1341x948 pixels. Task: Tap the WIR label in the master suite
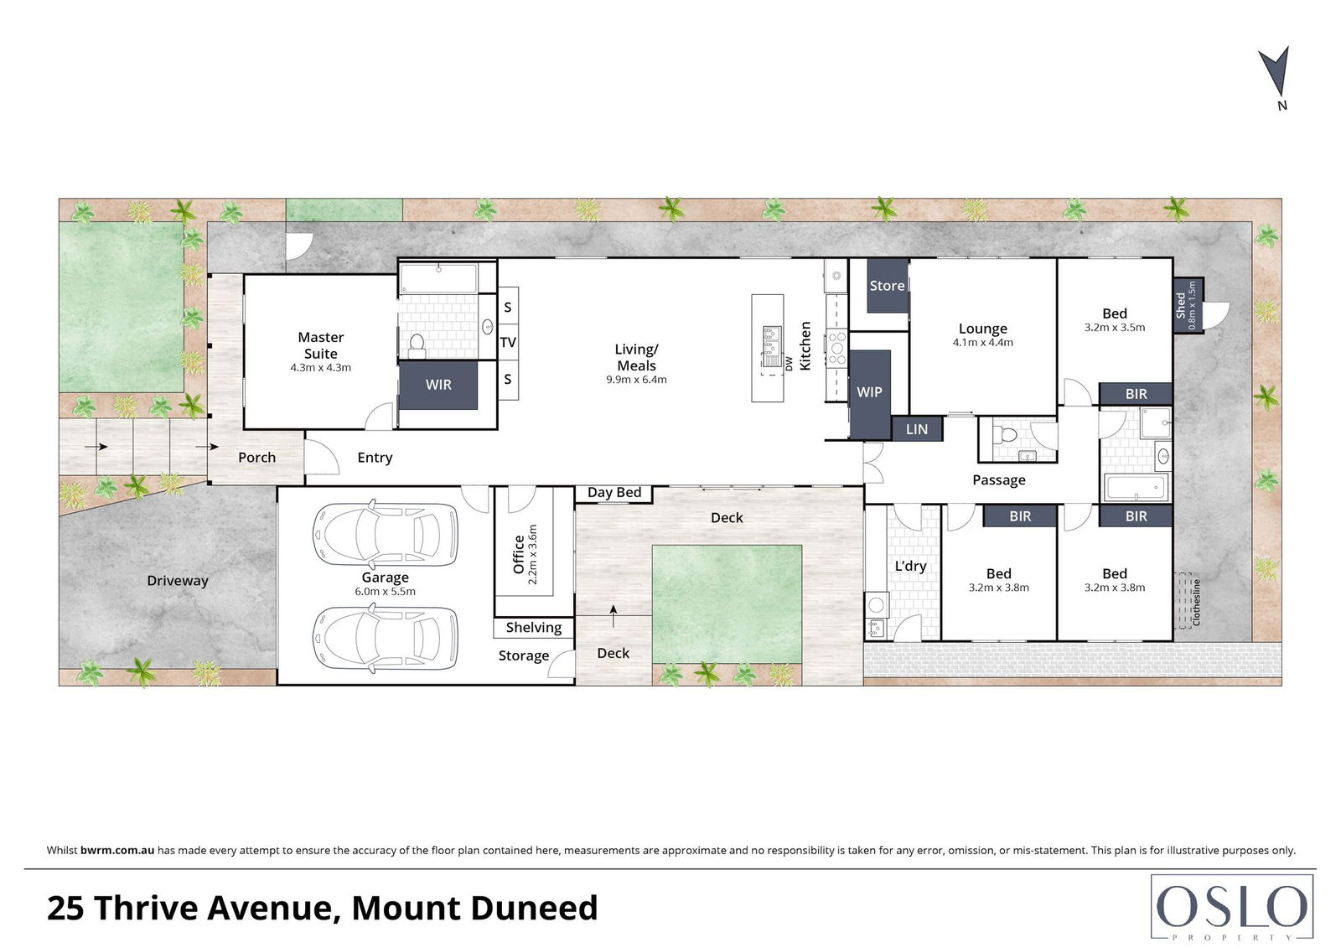point(438,385)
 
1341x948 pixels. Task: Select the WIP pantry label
point(869,391)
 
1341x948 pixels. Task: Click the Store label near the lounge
point(887,286)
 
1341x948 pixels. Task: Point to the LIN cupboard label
point(917,429)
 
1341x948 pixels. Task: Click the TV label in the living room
point(508,343)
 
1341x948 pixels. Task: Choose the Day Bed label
point(614,492)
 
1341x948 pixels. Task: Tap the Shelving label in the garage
point(533,628)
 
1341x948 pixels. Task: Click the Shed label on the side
point(1181,305)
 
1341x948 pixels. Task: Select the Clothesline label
point(1196,602)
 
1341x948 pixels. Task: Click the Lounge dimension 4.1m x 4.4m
point(983,343)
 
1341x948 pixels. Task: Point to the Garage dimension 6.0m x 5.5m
point(385,591)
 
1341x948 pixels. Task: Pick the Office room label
point(519,555)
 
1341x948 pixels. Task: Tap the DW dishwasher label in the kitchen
point(789,364)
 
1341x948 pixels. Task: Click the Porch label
point(256,458)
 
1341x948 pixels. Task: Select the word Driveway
point(178,581)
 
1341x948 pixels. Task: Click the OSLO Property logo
point(1232,907)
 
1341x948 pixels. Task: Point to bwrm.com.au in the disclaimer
point(117,850)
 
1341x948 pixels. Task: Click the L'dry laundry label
point(910,566)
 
